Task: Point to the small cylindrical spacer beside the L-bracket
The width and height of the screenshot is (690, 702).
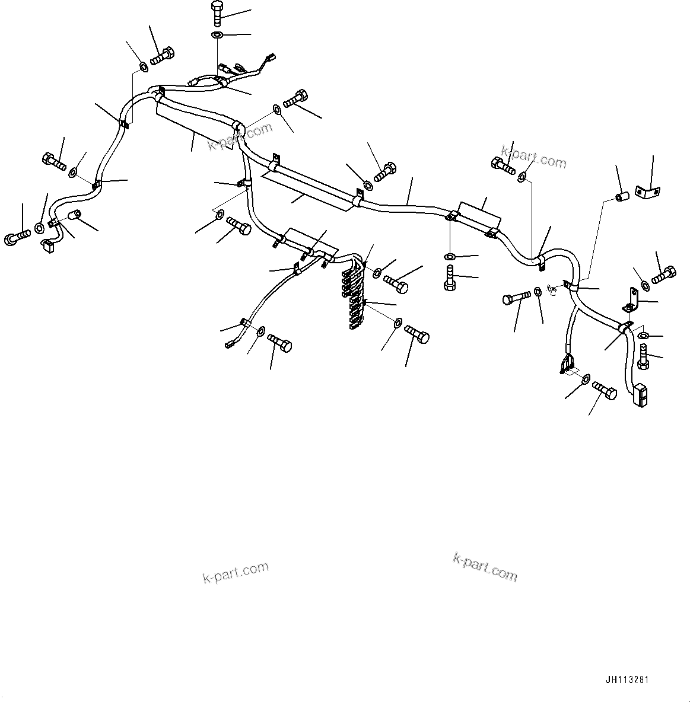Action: point(622,196)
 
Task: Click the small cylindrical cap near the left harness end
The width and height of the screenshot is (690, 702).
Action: point(75,215)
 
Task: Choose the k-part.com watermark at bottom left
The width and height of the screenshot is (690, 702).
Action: point(236,573)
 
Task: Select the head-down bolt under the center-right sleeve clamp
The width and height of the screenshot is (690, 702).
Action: point(450,277)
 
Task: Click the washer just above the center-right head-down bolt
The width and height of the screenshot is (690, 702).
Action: point(450,257)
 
